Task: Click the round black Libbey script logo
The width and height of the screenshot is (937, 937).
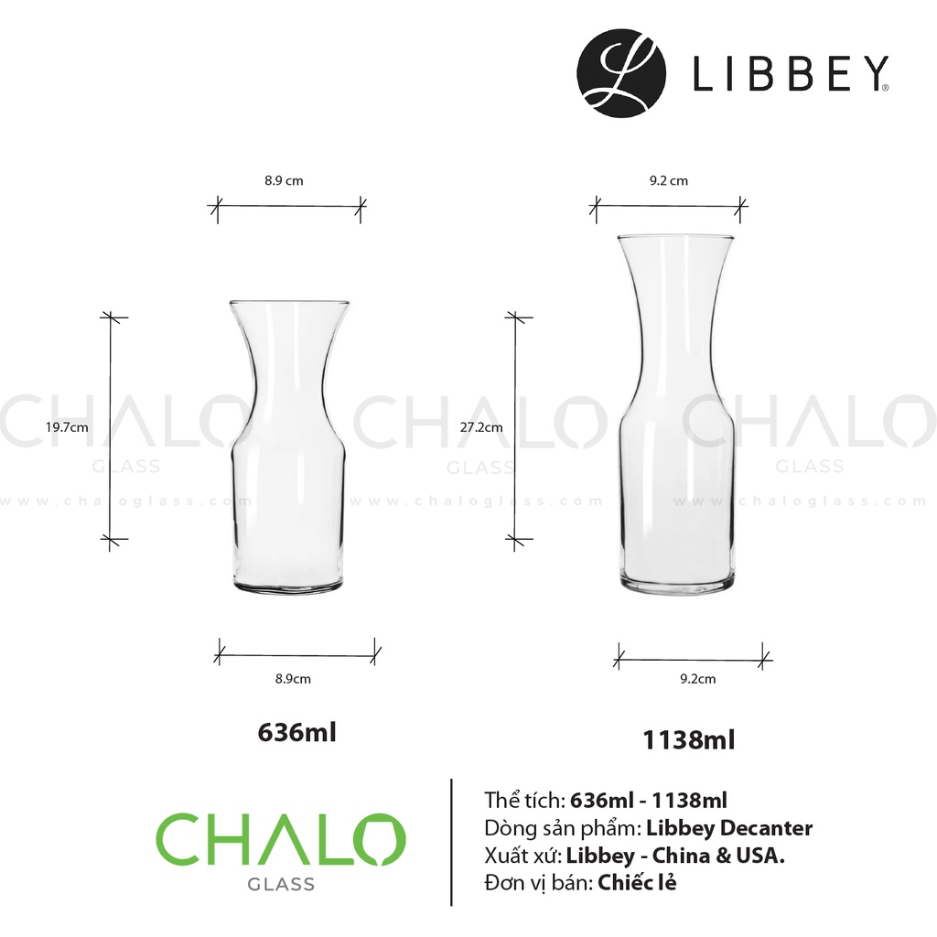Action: coord(621,73)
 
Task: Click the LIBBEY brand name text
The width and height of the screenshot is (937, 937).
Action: coord(791,73)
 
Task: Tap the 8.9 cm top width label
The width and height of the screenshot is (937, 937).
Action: coord(284,180)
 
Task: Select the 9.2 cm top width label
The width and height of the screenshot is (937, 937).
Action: coord(669,180)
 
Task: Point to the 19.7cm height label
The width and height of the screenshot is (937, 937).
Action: coord(67,427)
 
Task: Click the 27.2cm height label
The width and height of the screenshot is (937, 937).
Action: coord(481,427)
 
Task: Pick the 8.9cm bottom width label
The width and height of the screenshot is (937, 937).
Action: coord(293,679)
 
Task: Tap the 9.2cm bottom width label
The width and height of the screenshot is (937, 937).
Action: coord(697,679)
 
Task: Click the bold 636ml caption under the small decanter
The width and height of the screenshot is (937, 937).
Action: coord(297,732)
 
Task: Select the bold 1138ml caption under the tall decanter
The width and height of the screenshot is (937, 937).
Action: coord(688,739)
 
